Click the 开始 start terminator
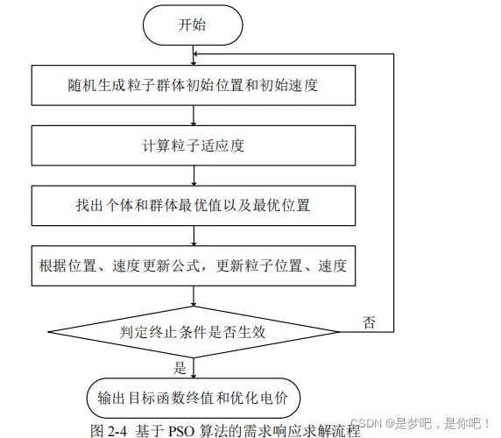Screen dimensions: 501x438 (193, 25)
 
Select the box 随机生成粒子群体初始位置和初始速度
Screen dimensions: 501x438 (194, 85)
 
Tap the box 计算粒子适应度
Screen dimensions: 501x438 (194, 145)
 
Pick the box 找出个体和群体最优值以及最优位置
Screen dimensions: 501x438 (194, 206)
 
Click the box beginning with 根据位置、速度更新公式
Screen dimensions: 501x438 (194, 265)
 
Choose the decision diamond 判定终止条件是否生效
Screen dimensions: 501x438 (194, 332)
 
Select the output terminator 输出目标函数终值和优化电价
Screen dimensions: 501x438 (194, 398)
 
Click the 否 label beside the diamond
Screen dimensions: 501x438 (369, 322)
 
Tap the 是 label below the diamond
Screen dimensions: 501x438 (180, 368)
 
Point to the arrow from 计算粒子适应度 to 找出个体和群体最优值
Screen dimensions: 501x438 (194, 176)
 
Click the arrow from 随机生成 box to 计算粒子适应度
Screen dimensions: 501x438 (194, 116)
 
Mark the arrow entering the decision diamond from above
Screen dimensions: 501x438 (194, 296)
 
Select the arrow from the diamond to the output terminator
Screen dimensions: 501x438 (194, 368)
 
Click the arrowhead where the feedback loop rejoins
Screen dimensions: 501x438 (196, 54)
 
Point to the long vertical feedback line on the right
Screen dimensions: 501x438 (393, 193)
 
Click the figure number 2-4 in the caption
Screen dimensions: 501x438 (117, 431)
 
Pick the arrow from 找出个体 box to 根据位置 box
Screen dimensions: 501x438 (194, 236)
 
